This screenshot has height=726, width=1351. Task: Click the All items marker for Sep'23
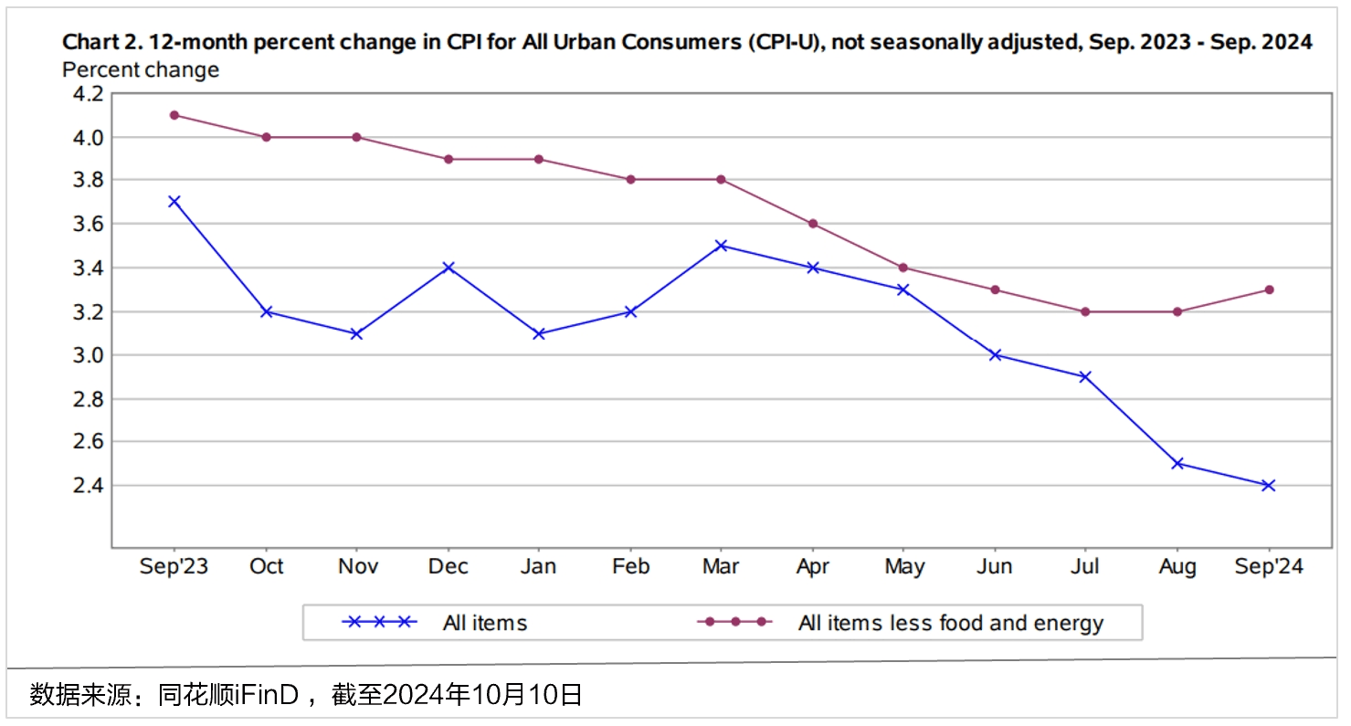pos(174,202)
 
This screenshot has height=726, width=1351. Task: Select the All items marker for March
pos(721,246)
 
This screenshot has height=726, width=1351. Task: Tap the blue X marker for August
pos(1177,464)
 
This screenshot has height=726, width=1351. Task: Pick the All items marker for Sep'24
pos(1268,486)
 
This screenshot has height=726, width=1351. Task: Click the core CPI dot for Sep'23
pos(174,115)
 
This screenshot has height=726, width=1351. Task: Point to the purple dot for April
pos(812,224)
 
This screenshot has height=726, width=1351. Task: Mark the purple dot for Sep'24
pos(1268,289)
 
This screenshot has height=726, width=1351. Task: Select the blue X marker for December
pos(448,268)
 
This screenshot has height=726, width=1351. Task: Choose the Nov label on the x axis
pos(357,567)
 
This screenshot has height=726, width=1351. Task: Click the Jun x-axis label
pos(994,567)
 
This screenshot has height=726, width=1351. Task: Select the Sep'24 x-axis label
pos(1268,567)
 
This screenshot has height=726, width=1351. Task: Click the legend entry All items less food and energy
pos(950,624)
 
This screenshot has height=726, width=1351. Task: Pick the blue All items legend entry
pos(484,624)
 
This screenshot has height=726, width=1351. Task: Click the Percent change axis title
pos(141,69)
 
